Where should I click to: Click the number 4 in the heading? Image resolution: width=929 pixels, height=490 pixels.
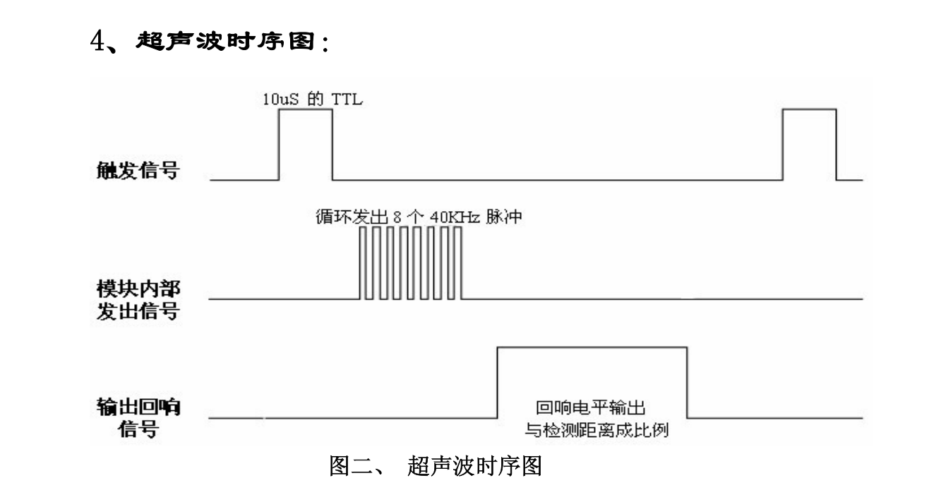click(98, 41)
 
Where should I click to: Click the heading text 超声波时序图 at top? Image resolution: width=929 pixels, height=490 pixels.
click(225, 41)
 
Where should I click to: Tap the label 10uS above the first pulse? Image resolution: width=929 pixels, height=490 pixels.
click(280, 100)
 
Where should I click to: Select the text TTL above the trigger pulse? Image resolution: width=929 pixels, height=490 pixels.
click(347, 100)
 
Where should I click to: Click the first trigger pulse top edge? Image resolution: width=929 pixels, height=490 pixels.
click(306, 109)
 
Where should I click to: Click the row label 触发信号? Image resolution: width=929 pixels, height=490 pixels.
click(138, 171)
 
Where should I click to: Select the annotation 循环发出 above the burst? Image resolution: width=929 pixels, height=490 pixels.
click(352, 217)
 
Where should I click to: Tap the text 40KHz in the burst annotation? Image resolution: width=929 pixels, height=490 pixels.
click(455, 217)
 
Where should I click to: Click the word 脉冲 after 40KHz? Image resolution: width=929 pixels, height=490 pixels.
click(503, 217)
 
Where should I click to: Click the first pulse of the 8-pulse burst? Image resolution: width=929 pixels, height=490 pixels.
click(363, 263)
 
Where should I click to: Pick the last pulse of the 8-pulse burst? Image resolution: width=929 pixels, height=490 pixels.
click(457, 263)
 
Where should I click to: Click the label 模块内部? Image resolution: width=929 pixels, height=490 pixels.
click(138, 289)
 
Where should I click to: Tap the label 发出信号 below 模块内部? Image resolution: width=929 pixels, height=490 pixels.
click(138, 311)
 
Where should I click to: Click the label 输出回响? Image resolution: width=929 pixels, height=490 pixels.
click(138, 407)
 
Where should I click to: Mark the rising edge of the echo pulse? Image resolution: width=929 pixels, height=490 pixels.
click(497, 383)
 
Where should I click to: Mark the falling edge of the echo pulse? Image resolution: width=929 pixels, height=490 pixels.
click(687, 383)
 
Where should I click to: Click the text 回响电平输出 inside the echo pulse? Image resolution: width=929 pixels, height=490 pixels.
click(591, 408)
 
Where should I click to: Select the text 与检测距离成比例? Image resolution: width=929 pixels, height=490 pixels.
click(597, 430)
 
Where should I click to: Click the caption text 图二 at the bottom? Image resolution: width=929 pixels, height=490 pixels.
click(350, 466)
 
